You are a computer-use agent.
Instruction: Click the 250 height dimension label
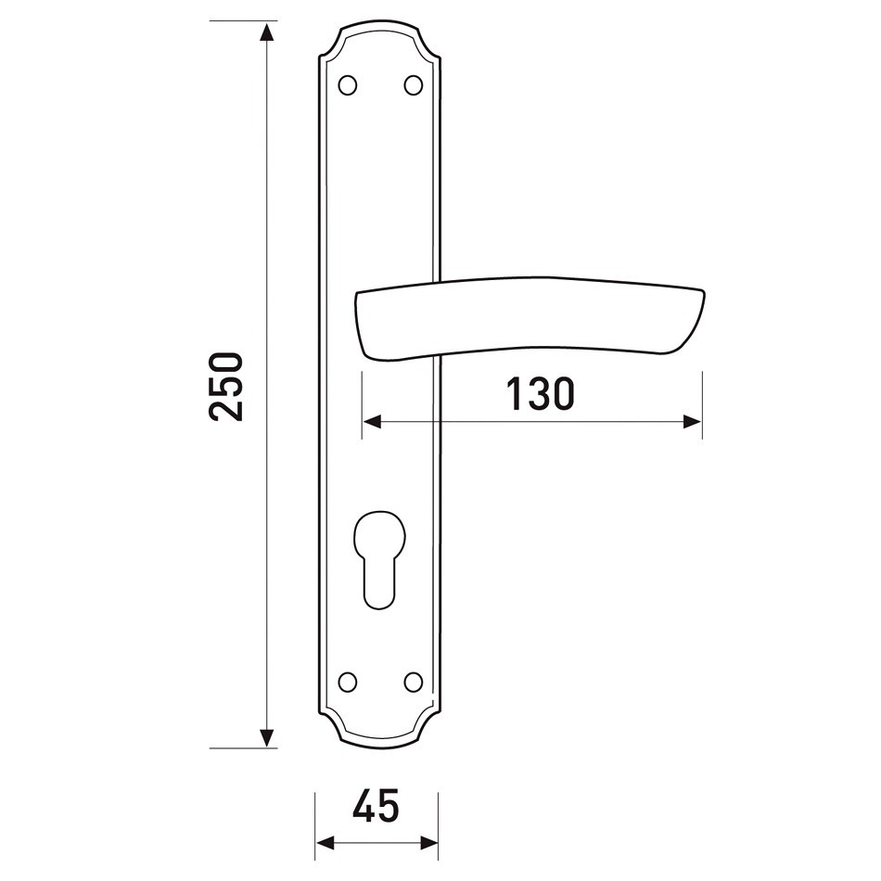[226, 387]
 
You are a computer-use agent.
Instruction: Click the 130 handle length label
[541, 393]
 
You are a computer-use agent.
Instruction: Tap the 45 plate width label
[376, 805]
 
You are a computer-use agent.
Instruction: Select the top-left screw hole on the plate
[348, 84]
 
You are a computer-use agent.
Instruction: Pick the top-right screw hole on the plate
[414, 84]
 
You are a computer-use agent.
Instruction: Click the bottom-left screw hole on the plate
[348, 682]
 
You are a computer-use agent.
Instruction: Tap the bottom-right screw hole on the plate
[414, 682]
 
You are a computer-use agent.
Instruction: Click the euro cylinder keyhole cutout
[379, 559]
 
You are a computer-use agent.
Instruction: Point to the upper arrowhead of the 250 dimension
[267, 32]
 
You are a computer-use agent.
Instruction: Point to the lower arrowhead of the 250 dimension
[267, 737]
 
